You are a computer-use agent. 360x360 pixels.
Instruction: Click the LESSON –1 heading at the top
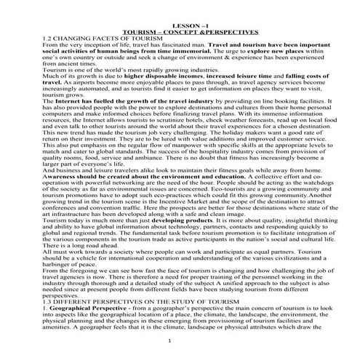180,28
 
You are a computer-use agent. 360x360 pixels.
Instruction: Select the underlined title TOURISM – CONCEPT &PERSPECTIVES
180,33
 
